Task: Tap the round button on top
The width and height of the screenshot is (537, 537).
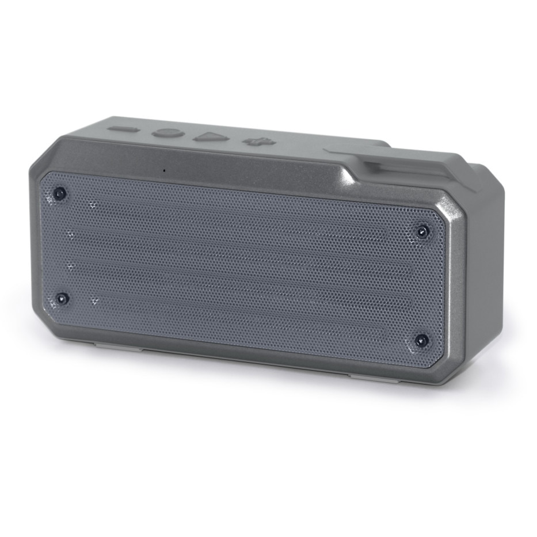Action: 168,133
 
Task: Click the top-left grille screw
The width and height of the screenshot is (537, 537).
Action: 59,193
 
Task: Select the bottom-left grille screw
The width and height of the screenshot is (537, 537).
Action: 62,298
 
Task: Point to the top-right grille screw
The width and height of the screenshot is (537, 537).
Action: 422,232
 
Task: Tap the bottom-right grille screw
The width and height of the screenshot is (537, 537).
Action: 421,340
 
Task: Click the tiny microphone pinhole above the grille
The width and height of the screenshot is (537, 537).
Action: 164,170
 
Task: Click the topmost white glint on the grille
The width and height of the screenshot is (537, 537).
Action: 93,204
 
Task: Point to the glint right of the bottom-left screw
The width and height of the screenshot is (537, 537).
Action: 94,300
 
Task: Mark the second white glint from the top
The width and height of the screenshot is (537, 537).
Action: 70,234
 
